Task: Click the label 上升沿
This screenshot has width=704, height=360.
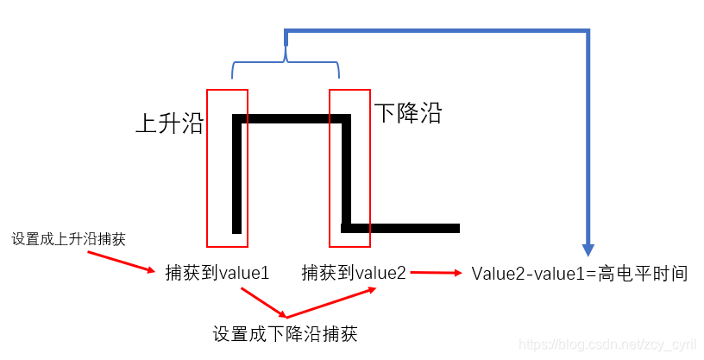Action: (169, 123)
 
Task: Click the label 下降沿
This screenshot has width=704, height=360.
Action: (407, 112)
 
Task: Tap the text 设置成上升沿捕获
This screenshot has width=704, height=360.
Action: (68, 239)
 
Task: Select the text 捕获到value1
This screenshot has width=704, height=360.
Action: (217, 273)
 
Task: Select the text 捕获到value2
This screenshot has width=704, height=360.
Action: (354, 273)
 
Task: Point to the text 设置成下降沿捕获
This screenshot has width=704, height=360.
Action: (285, 333)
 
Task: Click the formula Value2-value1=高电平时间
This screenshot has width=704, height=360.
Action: (579, 274)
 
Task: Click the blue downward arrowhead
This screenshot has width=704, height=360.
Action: (588, 246)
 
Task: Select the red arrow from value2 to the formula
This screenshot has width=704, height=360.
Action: (437, 273)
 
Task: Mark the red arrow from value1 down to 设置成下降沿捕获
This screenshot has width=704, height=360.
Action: (262, 301)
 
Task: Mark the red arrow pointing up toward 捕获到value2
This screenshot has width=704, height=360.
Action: (332, 302)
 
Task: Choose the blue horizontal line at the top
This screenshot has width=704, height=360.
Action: (436, 32)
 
